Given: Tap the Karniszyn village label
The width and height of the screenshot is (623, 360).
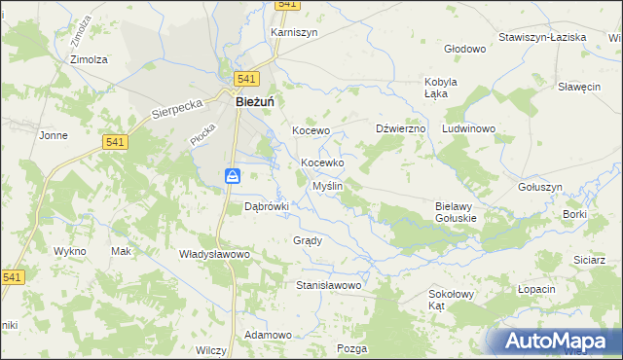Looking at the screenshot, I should pos(294,31).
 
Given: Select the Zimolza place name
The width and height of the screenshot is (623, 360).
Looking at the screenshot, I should pos(89,58).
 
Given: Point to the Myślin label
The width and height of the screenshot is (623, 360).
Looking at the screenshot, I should pos(326,185).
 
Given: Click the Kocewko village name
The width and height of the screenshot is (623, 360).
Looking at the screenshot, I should pos(328,162).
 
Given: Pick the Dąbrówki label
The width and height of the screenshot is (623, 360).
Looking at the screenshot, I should pos(267,206).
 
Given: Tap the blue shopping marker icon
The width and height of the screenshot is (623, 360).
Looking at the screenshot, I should pos(234,176).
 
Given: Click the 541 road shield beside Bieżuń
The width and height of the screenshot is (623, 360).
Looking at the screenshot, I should pos(246,79).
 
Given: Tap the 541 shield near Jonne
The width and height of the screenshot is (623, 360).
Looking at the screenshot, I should pos(115,142).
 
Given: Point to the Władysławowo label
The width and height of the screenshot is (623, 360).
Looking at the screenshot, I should pos(215,254).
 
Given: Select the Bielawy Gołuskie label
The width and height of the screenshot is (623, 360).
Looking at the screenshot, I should pos(455,212).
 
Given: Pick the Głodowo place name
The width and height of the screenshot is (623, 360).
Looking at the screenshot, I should pos(464,48).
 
